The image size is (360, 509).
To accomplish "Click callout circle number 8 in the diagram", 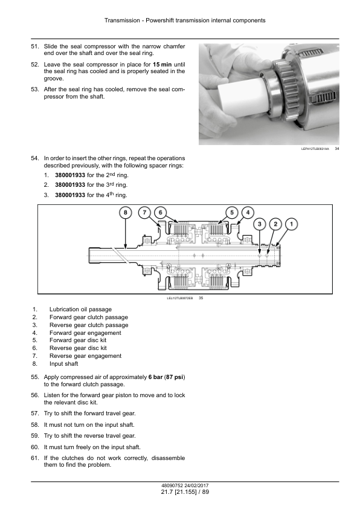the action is [126, 213].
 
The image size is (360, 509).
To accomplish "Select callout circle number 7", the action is [144, 213].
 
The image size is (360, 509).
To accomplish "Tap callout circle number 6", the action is [160, 213].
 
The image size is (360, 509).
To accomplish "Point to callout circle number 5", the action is [232, 213].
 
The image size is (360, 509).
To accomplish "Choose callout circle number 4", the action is [248, 213].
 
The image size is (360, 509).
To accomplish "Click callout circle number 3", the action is [260, 224].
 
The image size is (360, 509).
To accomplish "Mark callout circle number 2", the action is [275, 224].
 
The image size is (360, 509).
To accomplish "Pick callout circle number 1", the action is [291, 224].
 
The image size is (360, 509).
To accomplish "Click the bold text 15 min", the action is [162, 64].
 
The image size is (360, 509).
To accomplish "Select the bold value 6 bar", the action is [155, 377].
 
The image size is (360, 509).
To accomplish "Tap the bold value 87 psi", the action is [175, 377].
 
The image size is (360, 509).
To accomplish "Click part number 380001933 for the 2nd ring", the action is [70, 175].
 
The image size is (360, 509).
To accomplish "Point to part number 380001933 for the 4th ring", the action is [70, 195].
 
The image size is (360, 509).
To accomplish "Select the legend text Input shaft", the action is [64, 364].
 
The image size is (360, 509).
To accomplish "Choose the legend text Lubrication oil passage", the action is [80, 310].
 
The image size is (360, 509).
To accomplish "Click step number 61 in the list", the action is [34, 458].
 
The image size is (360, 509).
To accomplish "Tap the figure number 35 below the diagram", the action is [201, 298].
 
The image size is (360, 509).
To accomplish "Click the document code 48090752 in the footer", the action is [173, 485].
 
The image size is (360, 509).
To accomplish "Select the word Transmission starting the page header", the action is [122, 21].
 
